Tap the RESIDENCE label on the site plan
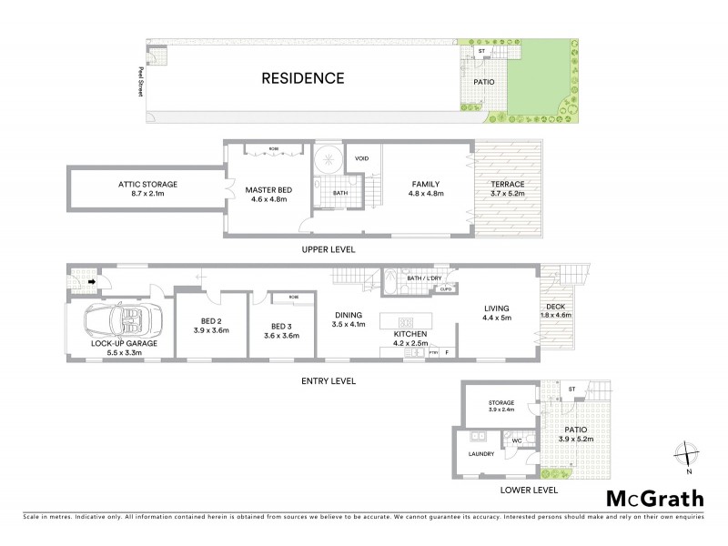[303, 78]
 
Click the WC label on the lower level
[515, 440]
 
